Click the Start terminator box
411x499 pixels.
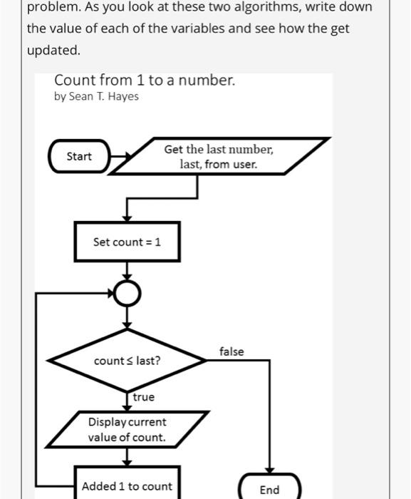click(79, 156)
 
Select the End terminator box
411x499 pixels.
click(269, 489)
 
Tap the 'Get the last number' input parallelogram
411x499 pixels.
click(218, 157)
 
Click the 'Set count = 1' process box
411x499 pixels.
click(127, 242)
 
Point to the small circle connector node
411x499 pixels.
click(127, 293)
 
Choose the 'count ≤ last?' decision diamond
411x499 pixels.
click(127, 361)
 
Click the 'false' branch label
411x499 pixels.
click(231, 351)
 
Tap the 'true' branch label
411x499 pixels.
click(143, 396)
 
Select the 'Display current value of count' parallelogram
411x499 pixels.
click(127, 430)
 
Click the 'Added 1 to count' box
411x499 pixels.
click(127, 485)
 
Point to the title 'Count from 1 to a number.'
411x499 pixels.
click(145, 81)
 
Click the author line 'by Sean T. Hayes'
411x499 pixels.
click(96, 97)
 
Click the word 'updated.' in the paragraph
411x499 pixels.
click(53, 51)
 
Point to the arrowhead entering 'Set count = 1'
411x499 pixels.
click(127, 217)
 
